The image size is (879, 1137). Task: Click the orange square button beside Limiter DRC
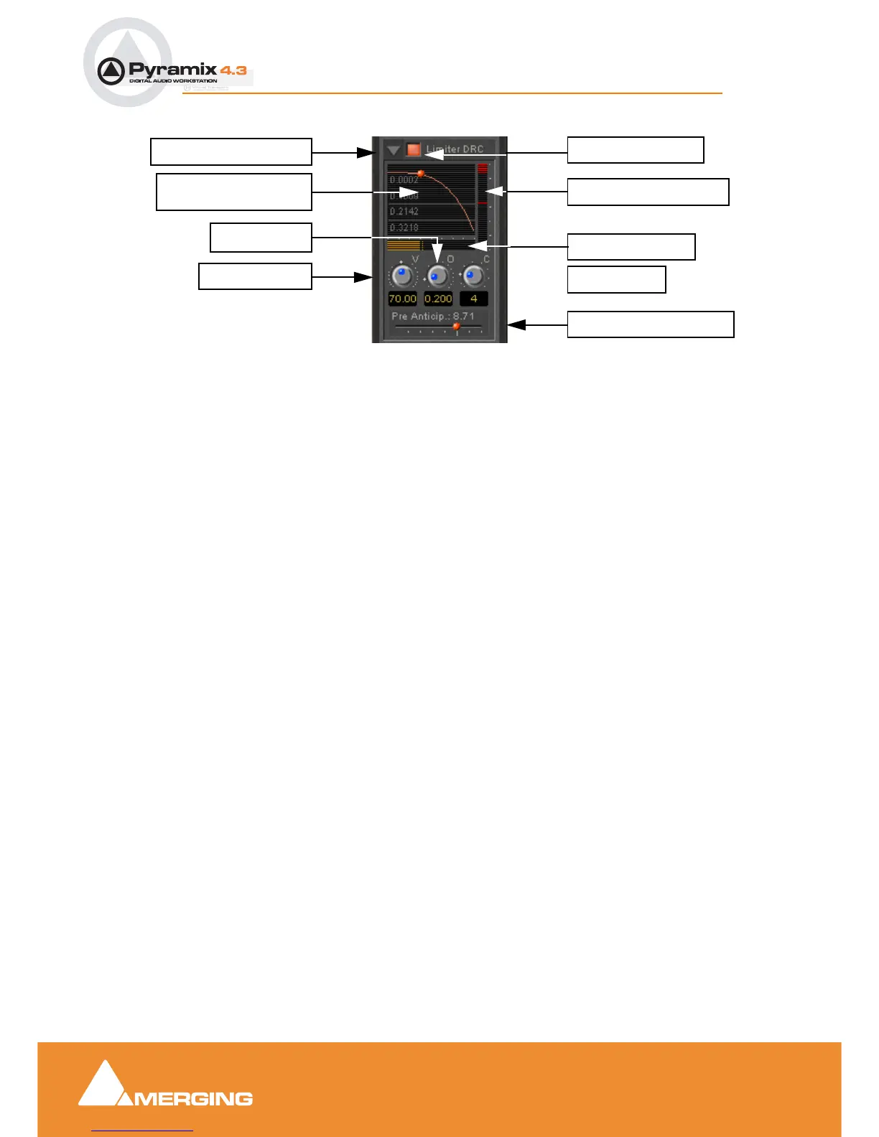click(413, 149)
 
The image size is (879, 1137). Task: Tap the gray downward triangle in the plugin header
click(393, 150)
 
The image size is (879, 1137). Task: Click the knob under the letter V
click(402, 276)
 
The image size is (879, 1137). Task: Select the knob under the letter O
click(437, 276)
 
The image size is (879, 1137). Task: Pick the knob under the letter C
click(473, 276)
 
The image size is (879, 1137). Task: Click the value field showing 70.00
click(402, 299)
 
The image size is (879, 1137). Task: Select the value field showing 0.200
click(438, 299)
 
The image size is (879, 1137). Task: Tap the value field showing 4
click(474, 299)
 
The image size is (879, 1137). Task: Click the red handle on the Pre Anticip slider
click(456, 327)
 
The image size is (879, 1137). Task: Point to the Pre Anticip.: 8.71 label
click(432, 316)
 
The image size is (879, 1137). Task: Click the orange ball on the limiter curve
click(421, 174)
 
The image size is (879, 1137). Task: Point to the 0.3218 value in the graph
click(404, 228)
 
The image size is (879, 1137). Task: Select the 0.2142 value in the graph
click(404, 211)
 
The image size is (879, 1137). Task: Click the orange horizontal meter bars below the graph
click(404, 245)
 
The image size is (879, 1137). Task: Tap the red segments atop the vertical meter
click(483, 169)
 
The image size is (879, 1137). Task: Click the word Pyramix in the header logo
click(172, 70)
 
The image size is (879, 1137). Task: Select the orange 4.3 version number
click(233, 70)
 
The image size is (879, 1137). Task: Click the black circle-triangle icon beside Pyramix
click(111, 71)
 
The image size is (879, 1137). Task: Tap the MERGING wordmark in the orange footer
click(192, 1099)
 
